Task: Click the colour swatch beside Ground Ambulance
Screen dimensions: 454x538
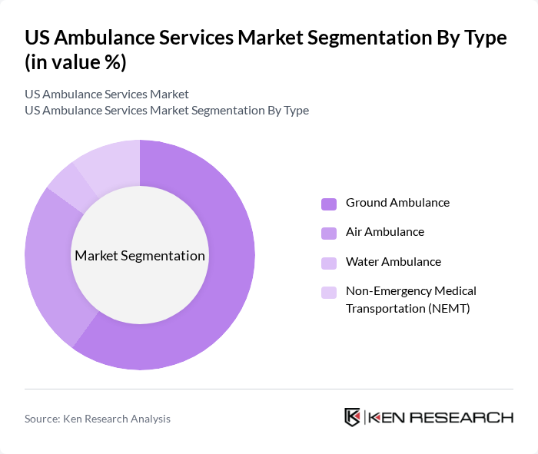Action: [x=328, y=204]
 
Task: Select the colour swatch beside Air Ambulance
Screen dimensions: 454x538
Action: [x=328, y=232]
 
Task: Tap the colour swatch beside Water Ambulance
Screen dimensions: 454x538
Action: [x=328, y=262]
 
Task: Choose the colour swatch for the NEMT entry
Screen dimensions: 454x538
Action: [x=328, y=292]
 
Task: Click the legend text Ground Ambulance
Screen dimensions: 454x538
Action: [x=397, y=203]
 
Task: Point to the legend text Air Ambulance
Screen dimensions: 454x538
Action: [x=384, y=232]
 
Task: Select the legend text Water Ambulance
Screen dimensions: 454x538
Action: [x=393, y=262]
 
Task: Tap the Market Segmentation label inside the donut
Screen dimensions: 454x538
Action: [x=140, y=256]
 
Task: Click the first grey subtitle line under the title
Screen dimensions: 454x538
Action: [x=107, y=94]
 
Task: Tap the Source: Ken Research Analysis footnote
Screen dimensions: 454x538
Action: [x=98, y=419]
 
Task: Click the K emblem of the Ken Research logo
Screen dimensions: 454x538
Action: [x=352, y=417]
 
